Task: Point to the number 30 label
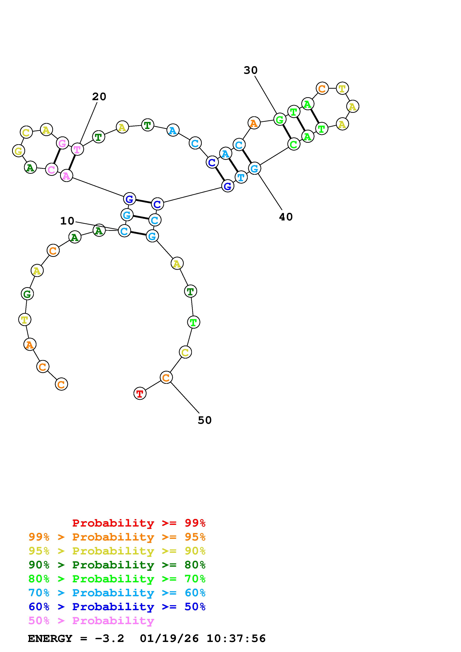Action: (250, 70)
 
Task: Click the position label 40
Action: (286, 217)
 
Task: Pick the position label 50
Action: (205, 420)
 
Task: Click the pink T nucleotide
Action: (77, 149)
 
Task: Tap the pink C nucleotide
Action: (51, 170)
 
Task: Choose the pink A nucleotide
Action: (66, 176)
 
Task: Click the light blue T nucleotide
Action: (241, 177)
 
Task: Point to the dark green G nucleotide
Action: (27, 294)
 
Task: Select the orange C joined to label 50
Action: (166, 377)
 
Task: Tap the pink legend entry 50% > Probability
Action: (91, 621)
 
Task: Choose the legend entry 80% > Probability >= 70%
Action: (117, 579)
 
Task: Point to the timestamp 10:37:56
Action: (236, 639)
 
